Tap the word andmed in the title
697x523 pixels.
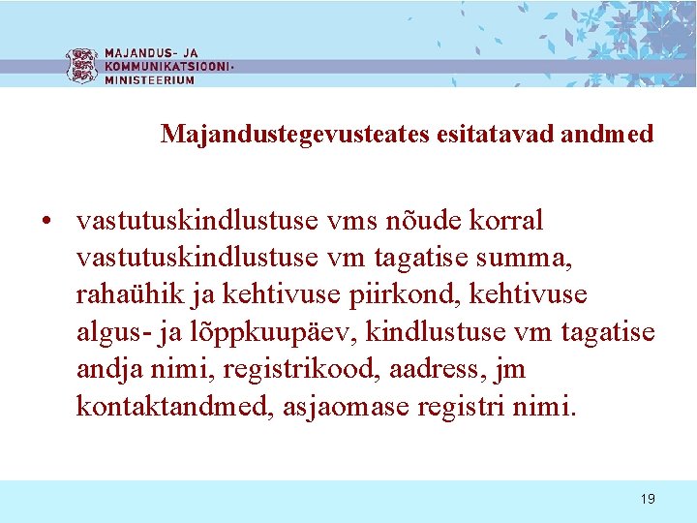610,134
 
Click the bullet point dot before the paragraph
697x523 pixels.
46,221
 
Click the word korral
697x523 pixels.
506,221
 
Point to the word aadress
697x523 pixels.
450,370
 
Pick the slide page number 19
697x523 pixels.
648,499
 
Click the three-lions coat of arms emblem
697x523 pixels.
81,66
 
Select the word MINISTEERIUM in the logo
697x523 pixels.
149,80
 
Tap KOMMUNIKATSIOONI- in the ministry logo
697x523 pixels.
168,67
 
